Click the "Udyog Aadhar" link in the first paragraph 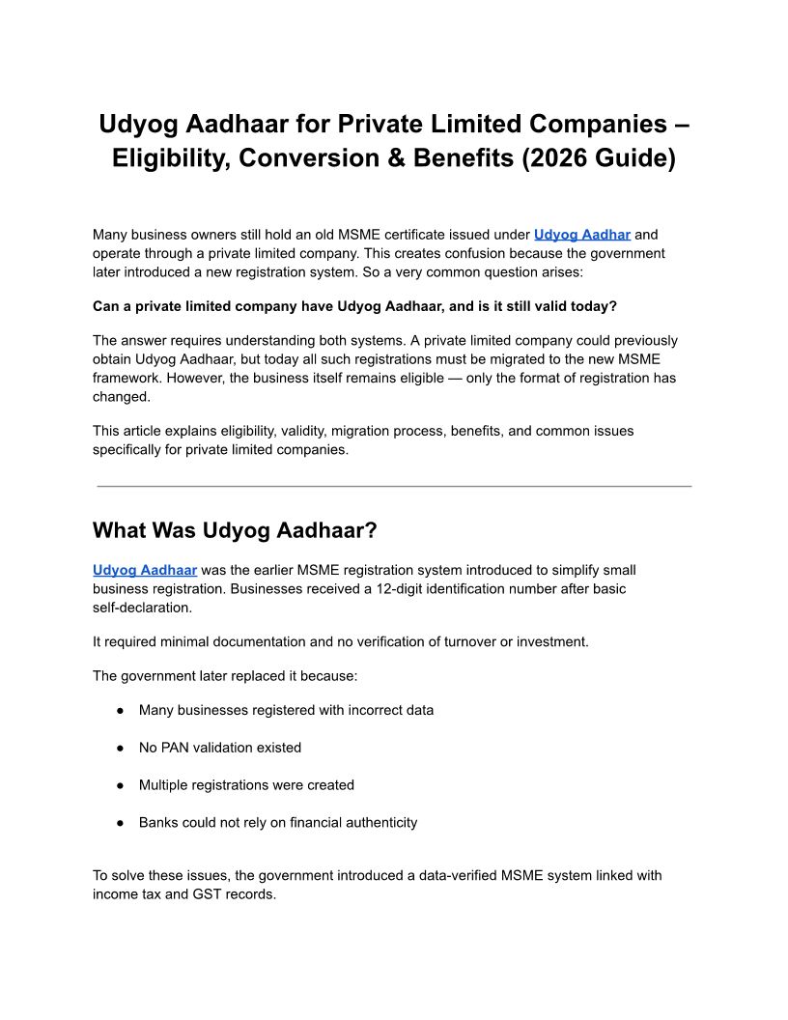(x=582, y=234)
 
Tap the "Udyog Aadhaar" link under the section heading (x=145, y=570)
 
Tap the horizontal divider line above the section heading (x=394, y=486)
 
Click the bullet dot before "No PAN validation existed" (x=121, y=748)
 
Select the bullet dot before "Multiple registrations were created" (x=121, y=785)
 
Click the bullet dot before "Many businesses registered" (x=121, y=710)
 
